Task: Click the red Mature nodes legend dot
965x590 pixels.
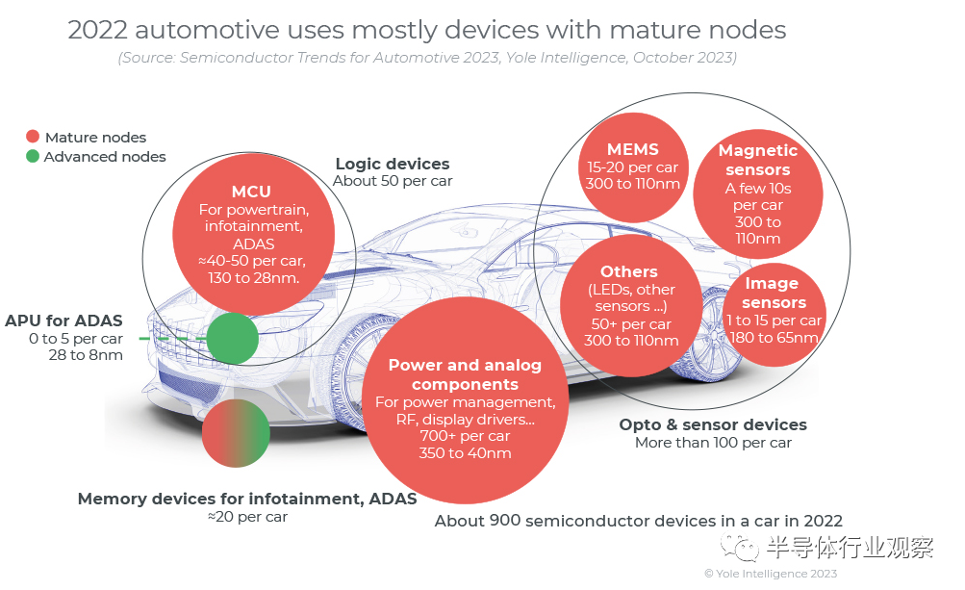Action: [33, 137]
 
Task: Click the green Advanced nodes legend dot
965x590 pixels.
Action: [33, 156]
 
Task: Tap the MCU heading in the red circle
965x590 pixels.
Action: [251, 192]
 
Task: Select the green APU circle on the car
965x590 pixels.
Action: [233, 338]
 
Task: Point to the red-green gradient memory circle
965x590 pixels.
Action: [235, 432]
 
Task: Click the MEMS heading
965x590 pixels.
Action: [632, 149]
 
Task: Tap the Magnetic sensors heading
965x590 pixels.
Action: [758, 160]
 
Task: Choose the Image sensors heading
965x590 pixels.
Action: [774, 293]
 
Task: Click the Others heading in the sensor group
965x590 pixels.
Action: [629, 272]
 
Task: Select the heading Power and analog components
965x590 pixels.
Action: [465, 374]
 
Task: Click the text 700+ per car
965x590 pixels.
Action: [465, 436]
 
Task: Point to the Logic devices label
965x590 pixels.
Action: [393, 164]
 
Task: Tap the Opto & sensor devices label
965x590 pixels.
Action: [713, 424]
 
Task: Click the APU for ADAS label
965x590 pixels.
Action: [63, 321]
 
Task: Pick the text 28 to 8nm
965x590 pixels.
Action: [86, 355]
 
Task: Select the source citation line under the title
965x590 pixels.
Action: [427, 58]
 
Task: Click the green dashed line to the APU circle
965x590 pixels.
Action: [173, 339]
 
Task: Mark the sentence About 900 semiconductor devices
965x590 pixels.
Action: [638, 521]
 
